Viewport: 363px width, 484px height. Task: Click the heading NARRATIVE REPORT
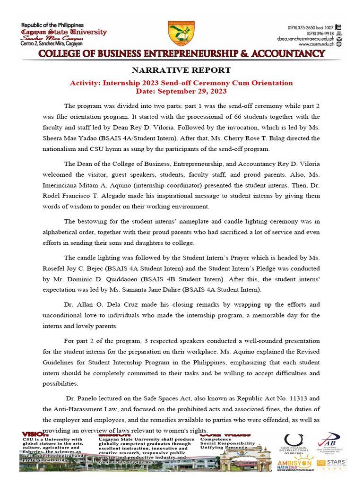click(181, 70)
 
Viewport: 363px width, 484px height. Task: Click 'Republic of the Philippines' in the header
click(52, 25)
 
